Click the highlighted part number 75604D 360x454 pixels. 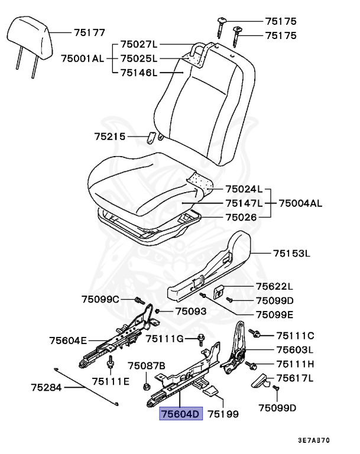click(180, 414)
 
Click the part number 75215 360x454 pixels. click(110, 137)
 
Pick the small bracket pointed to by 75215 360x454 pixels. click(152, 138)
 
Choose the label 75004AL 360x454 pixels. click(300, 204)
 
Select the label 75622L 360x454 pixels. click(275, 286)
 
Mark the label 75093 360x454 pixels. click(191, 310)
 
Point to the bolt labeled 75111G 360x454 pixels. click(202, 339)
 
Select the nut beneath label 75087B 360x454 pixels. click(146, 387)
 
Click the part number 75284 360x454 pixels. click(47, 388)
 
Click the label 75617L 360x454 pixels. click(294, 378)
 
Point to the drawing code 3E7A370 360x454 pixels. click(313, 440)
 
